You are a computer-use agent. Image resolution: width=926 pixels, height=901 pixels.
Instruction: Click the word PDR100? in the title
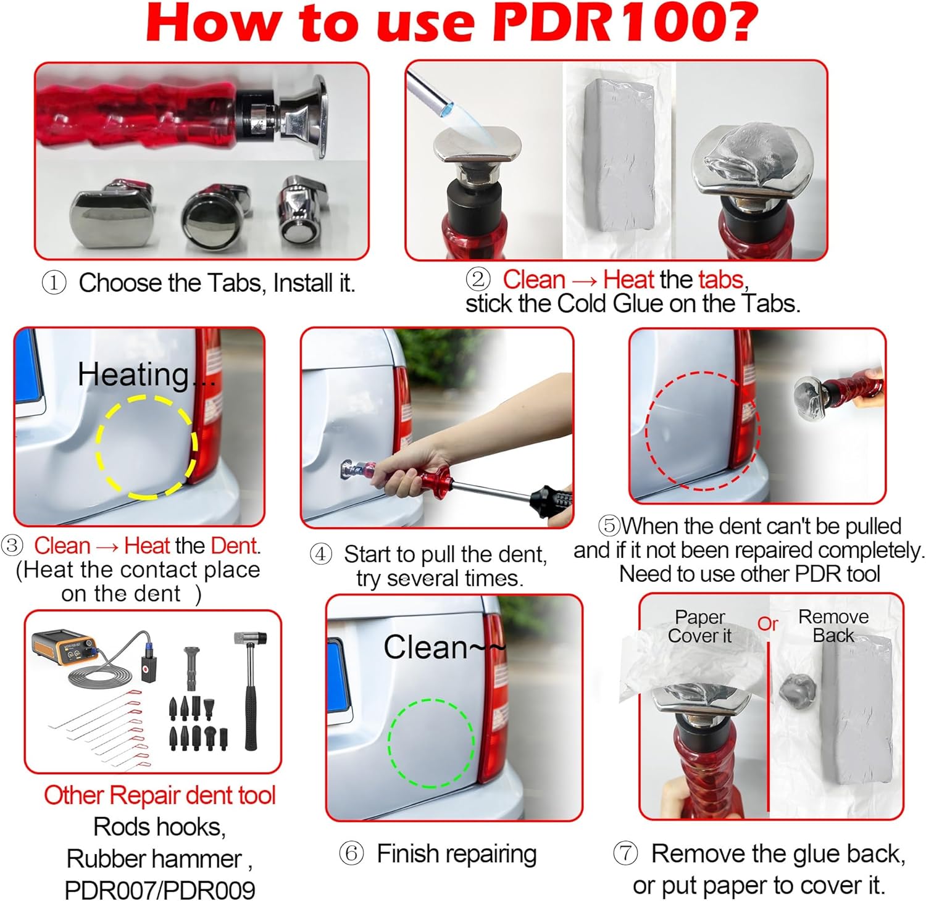click(x=625, y=23)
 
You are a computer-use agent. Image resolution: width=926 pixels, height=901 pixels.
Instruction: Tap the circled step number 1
click(x=54, y=283)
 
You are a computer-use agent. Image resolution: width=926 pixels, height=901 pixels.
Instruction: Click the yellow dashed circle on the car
click(x=146, y=447)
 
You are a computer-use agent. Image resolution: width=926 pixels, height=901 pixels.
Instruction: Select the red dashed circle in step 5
click(x=702, y=431)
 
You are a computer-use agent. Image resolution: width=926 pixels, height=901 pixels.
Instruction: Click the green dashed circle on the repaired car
click(x=431, y=743)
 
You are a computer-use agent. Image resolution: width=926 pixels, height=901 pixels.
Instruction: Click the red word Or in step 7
click(x=767, y=624)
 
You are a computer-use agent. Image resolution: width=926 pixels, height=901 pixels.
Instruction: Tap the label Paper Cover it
click(x=699, y=626)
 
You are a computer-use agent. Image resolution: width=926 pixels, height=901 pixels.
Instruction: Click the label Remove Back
click(x=833, y=626)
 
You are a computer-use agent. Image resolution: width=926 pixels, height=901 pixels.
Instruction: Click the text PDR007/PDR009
click(x=159, y=889)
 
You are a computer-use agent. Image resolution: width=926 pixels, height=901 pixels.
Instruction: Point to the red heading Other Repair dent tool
click(x=159, y=795)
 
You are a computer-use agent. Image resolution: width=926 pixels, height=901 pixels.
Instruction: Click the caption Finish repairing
click(x=456, y=854)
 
